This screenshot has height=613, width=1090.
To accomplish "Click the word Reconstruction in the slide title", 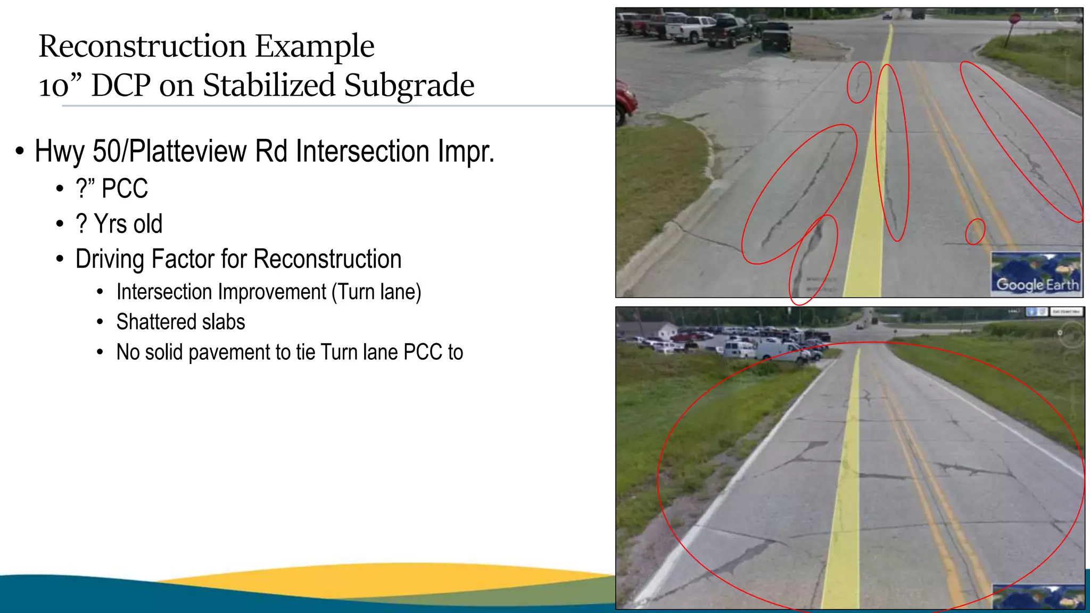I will (x=142, y=46).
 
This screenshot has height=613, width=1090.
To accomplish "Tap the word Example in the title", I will (x=315, y=46).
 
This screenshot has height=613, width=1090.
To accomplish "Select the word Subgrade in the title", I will (x=408, y=85).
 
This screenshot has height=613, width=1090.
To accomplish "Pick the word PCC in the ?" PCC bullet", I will (x=125, y=189).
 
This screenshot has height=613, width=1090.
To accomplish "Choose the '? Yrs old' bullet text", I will (x=119, y=224).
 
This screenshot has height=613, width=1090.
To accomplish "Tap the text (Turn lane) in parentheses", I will (x=377, y=292).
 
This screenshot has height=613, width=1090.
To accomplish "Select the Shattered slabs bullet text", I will (x=180, y=322).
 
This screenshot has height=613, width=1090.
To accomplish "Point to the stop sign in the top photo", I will (x=1014, y=19).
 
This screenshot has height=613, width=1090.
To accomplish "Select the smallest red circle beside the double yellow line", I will (x=975, y=231).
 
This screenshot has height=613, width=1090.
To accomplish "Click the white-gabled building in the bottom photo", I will (x=666, y=329).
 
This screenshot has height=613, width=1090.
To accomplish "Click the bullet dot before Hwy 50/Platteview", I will (x=20, y=152).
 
